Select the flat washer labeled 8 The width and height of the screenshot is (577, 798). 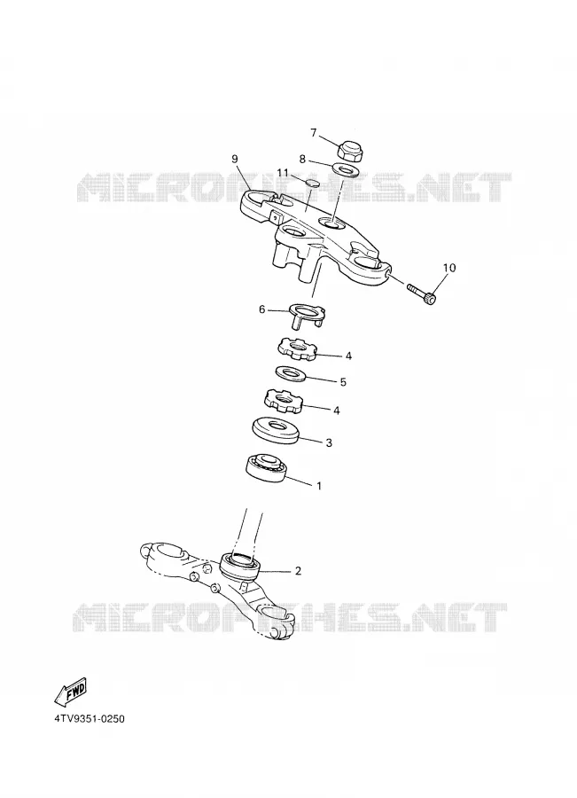(345, 169)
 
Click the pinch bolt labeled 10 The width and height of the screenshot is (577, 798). (422, 293)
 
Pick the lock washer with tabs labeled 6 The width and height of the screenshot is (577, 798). (307, 316)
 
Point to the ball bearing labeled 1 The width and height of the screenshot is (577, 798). (265, 465)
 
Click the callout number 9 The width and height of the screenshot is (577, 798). (235, 159)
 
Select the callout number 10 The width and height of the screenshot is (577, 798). (449, 268)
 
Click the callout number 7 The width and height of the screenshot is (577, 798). (314, 133)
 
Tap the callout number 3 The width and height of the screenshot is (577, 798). (329, 442)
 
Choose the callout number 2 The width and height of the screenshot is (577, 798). (298, 571)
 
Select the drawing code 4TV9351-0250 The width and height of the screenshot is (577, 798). (90, 719)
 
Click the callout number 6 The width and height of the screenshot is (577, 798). (262, 309)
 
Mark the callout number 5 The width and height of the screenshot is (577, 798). (343, 381)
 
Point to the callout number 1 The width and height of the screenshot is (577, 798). (319, 486)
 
